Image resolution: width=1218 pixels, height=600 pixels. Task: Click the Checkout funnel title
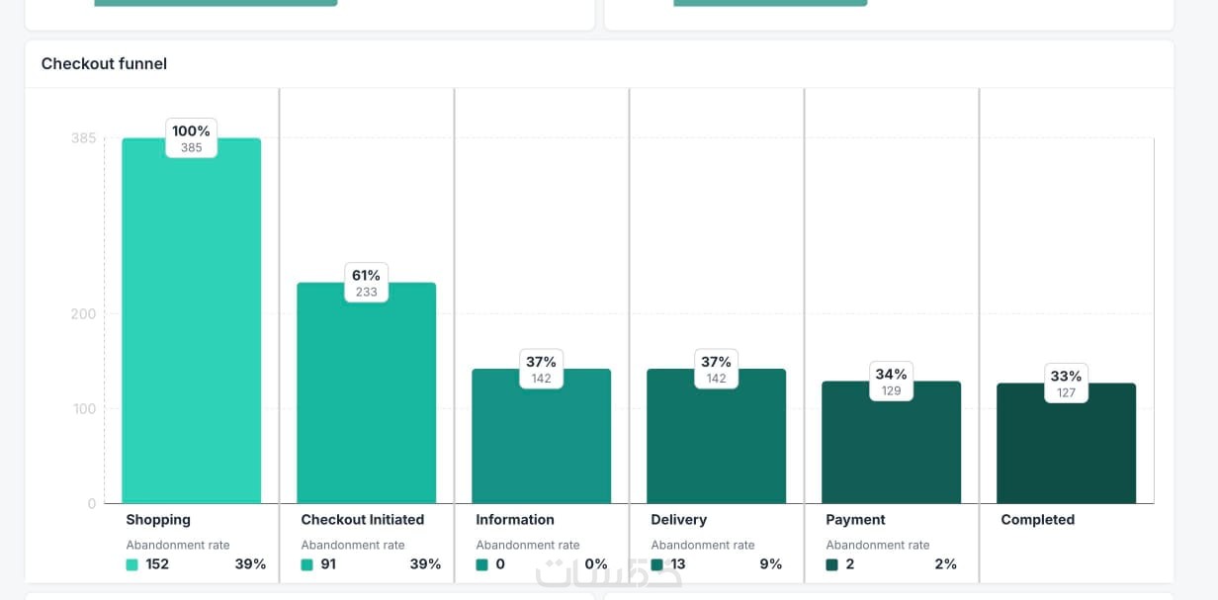coord(104,64)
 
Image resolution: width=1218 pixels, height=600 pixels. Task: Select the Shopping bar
coord(191,326)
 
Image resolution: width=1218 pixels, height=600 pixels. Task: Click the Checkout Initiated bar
coord(366,395)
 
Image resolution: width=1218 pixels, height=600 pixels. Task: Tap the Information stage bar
coord(541,440)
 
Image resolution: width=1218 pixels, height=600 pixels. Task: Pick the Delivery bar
coord(716,440)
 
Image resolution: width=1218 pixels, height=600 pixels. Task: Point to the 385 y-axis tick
coord(84,138)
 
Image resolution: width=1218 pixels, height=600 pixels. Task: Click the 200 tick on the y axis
coord(84,314)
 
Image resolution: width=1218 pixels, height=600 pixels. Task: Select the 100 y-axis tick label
coord(84,409)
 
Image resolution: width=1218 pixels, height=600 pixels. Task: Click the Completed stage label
coord(1037,520)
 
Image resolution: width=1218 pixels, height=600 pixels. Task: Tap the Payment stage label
coord(855,520)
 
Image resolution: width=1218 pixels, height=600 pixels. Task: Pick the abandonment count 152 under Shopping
coord(157,564)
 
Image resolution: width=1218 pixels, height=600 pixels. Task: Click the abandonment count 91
coord(328,564)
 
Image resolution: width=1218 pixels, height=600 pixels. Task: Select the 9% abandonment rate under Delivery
coord(770,564)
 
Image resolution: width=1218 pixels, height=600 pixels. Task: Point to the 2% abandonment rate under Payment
coord(945,564)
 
